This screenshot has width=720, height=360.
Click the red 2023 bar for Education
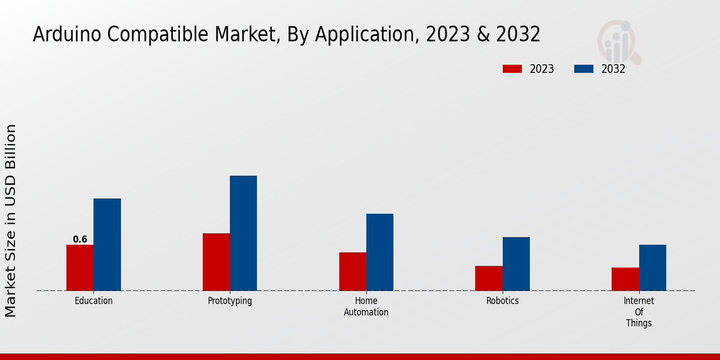coord(80,268)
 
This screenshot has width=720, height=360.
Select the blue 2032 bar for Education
coord(107,244)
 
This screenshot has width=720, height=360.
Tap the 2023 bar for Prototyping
coord(216,262)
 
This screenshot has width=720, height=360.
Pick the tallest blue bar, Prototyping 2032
coord(243,233)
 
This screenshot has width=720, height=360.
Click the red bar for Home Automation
coord(352,271)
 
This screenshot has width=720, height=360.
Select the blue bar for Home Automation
coord(380,252)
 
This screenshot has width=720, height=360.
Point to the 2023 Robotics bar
coord(488,278)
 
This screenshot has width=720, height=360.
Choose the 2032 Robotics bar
coord(516,263)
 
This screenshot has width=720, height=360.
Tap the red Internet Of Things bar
coord(625,279)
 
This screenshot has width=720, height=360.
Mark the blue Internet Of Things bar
coord(652,268)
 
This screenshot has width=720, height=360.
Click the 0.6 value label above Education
coord(80,239)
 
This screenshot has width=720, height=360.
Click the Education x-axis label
coord(94,301)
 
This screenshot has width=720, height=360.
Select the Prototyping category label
coord(230,301)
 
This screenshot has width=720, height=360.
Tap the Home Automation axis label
coord(366,306)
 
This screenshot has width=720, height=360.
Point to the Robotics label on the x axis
coord(502,301)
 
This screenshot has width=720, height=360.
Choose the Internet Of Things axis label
coord(638,311)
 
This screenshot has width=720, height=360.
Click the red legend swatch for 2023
coord(512,69)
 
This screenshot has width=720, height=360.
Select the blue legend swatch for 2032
coord(583,69)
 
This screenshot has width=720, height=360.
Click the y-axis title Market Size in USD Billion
coord(11,220)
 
